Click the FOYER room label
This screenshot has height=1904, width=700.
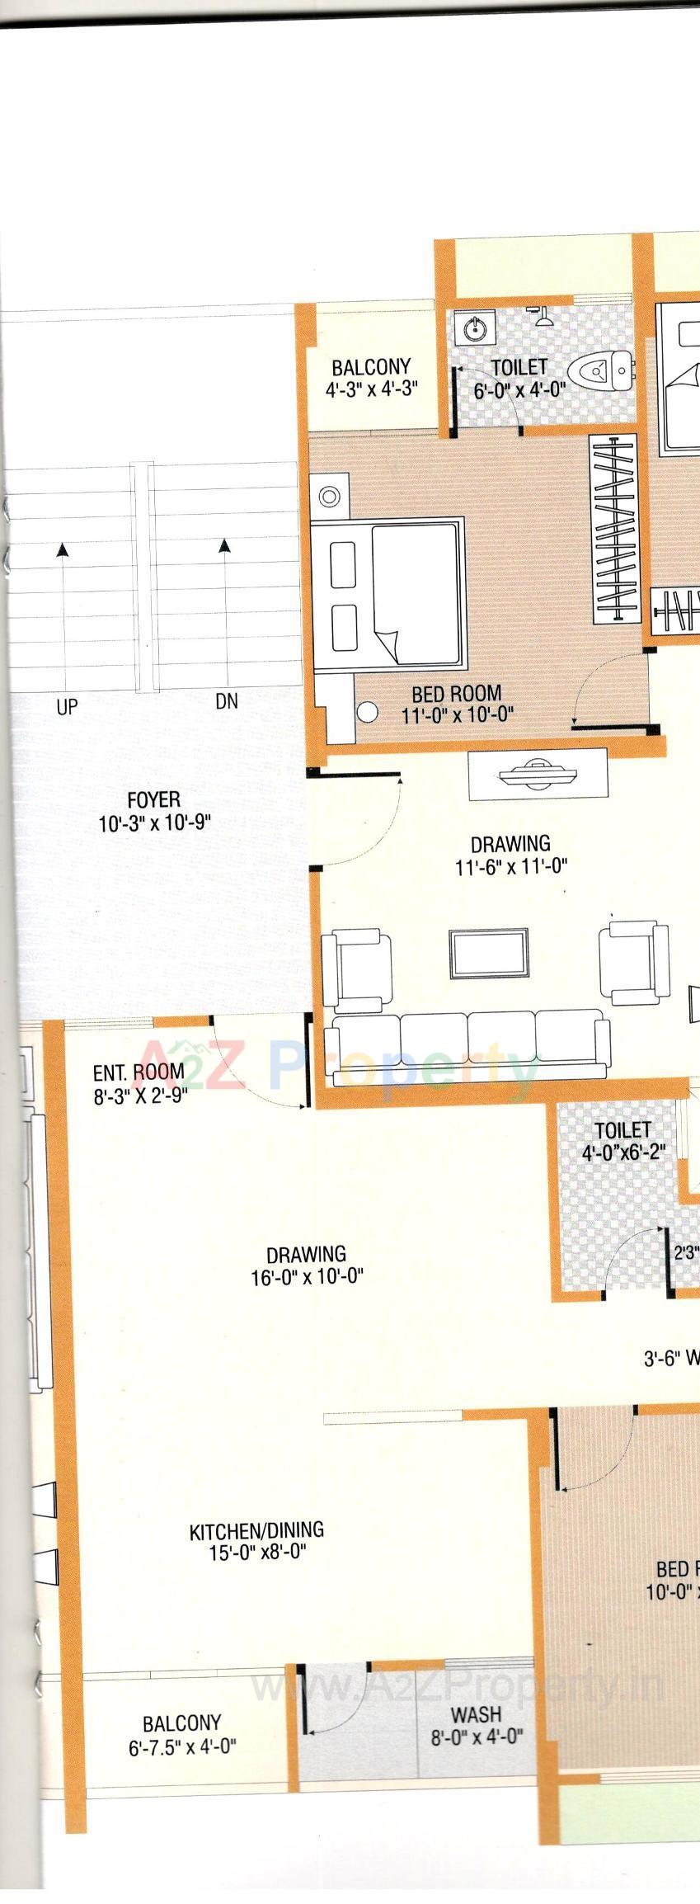pyautogui.click(x=154, y=800)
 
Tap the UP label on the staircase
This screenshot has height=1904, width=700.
pyautogui.click(x=67, y=707)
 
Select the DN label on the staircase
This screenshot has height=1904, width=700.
pyautogui.click(x=227, y=701)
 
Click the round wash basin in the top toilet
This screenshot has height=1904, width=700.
pyautogui.click(x=475, y=329)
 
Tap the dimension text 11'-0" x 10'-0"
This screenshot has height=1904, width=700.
pyautogui.click(x=458, y=714)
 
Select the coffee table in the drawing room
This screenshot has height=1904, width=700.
pyautogui.click(x=490, y=953)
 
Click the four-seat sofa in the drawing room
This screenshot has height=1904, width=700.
pyautogui.click(x=468, y=1045)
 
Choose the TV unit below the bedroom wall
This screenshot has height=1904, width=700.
pyautogui.click(x=538, y=774)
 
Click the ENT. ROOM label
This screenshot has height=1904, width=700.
pyautogui.click(x=138, y=1074)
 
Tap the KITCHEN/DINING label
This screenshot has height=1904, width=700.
pyautogui.click(x=256, y=1532)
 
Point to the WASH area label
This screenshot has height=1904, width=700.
pyautogui.click(x=476, y=1715)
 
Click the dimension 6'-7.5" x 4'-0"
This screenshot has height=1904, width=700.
pyautogui.click(x=182, y=1746)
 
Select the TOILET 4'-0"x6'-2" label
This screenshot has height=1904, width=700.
pyautogui.click(x=622, y=1130)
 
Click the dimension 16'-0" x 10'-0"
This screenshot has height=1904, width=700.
pyautogui.click(x=307, y=1278)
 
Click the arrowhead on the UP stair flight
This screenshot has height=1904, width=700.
pyautogui.click(x=63, y=549)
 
